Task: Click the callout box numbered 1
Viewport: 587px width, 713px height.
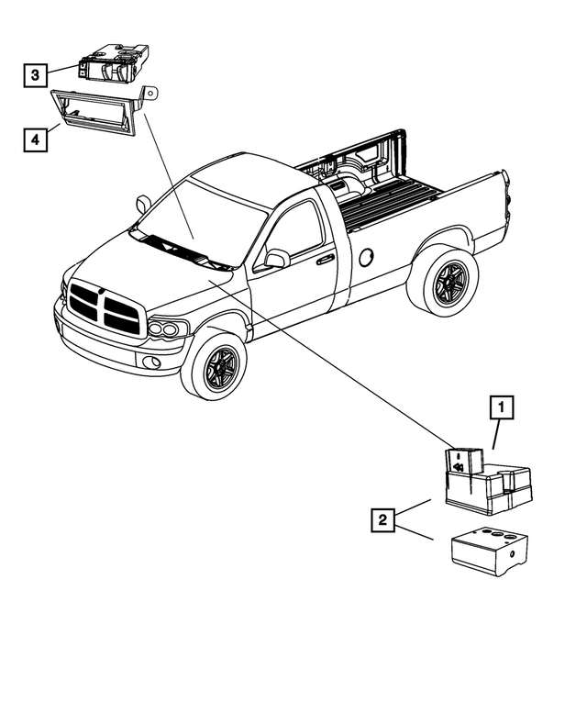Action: (x=502, y=407)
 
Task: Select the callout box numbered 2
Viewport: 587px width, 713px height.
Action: (x=382, y=519)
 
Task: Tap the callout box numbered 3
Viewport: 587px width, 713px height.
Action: (x=36, y=75)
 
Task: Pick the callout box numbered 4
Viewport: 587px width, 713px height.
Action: (x=36, y=139)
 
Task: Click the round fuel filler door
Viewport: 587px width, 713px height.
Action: (x=366, y=257)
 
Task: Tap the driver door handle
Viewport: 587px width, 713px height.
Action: (x=326, y=260)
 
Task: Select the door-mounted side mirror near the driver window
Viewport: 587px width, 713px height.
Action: (x=277, y=259)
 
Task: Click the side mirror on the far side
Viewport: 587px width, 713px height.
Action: (x=144, y=204)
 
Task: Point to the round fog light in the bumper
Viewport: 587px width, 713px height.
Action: (x=151, y=362)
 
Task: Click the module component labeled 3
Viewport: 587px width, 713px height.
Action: (x=114, y=63)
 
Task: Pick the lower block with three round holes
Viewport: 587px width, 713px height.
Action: (x=490, y=551)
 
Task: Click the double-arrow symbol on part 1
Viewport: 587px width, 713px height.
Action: (x=458, y=467)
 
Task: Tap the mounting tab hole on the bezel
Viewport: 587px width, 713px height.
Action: (x=151, y=93)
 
